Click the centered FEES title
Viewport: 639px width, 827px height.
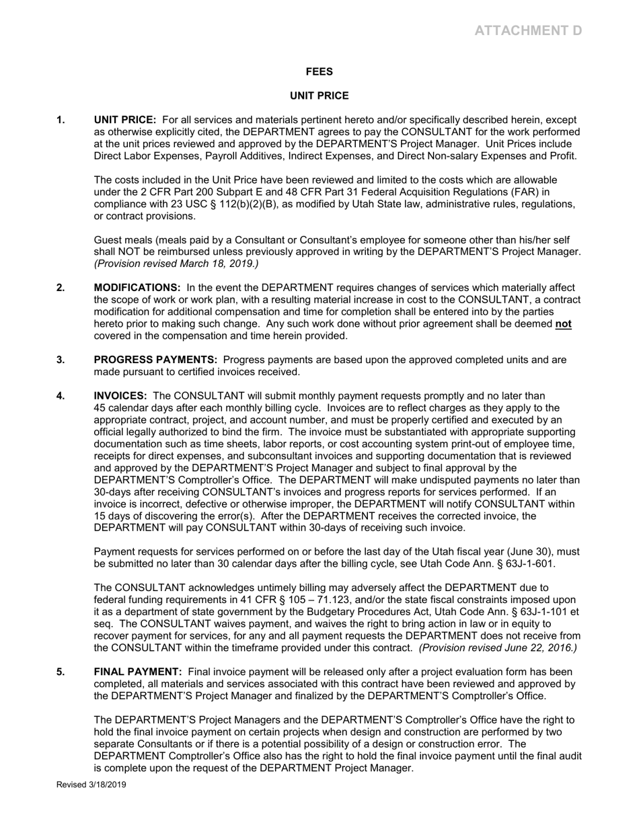click(x=319, y=72)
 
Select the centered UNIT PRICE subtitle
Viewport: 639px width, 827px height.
click(x=319, y=96)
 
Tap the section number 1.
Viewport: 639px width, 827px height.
click(x=61, y=120)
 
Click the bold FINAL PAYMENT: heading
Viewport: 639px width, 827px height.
click(x=138, y=672)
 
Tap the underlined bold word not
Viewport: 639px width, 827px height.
click(x=564, y=324)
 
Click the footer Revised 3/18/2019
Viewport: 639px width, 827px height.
click(x=91, y=785)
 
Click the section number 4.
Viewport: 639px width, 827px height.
click(x=61, y=396)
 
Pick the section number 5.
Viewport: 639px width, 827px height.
click(x=61, y=672)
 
